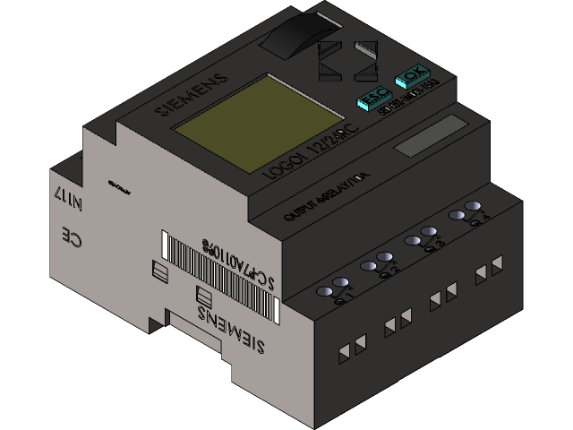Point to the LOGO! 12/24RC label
(x=309, y=151)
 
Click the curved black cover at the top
(x=295, y=40)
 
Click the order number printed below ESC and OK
(x=406, y=99)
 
